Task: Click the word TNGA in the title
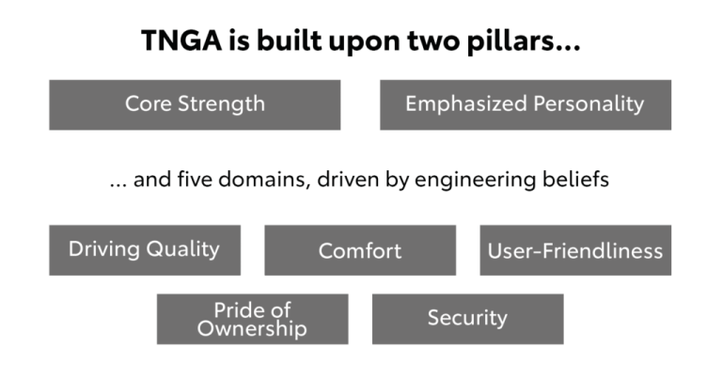click(x=181, y=40)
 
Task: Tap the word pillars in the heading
click(x=524, y=41)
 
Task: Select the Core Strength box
click(x=195, y=105)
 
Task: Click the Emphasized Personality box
click(x=526, y=105)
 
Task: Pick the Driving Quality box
click(x=145, y=250)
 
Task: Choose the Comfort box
click(x=360, y=250)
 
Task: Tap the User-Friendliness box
click(x=575, y=250)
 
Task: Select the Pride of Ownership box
click(x=252, y=319)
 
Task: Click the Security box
click(x=468, y=319)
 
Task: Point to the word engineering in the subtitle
click(x=475, y=180)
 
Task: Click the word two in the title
click(x=433, y=40)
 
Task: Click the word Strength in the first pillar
click(x=222, y=104)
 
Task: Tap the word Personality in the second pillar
click(x=589, y=104)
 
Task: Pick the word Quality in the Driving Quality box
click(x=182, y=249)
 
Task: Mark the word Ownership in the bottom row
click(x=252, y=329)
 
